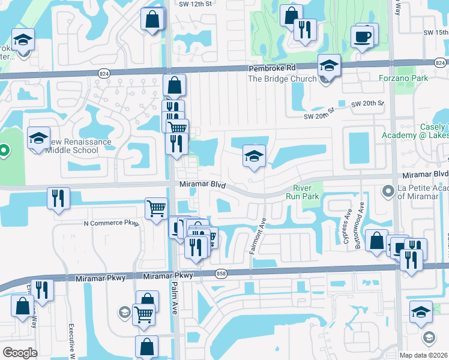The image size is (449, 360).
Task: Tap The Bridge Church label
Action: tap(282, 79)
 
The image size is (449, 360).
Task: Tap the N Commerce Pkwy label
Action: tap(111, 224)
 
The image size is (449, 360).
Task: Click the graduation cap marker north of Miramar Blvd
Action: tap(254, 156)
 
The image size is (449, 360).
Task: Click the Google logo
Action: tap(20, 353)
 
